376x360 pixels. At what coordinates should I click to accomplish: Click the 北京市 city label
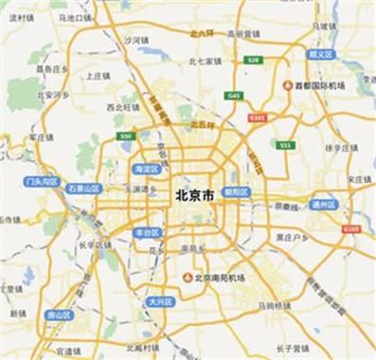pyautogui.click(x=194, y=195)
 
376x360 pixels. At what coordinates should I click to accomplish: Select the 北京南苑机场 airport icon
pyautogui.click(x=188, y=276)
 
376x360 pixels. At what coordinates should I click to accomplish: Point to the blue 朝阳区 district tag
pyautogui.click(x=236, y=191)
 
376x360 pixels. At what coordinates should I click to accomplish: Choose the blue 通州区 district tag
pyautogui.click(x=323, y=204)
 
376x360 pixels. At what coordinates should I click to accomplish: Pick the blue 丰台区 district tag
pyautogui.click(x=145, y=232)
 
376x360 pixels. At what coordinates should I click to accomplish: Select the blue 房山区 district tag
pyautogui.click(x=59, y=315)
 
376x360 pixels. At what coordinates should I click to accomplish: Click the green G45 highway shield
pyautogui.click(x=234, y=95)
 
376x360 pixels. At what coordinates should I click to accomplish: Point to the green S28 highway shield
pyautogui.click(x=254, y=60)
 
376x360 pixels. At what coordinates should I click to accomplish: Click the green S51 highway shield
pyautogui.click(x=285, y=145)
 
